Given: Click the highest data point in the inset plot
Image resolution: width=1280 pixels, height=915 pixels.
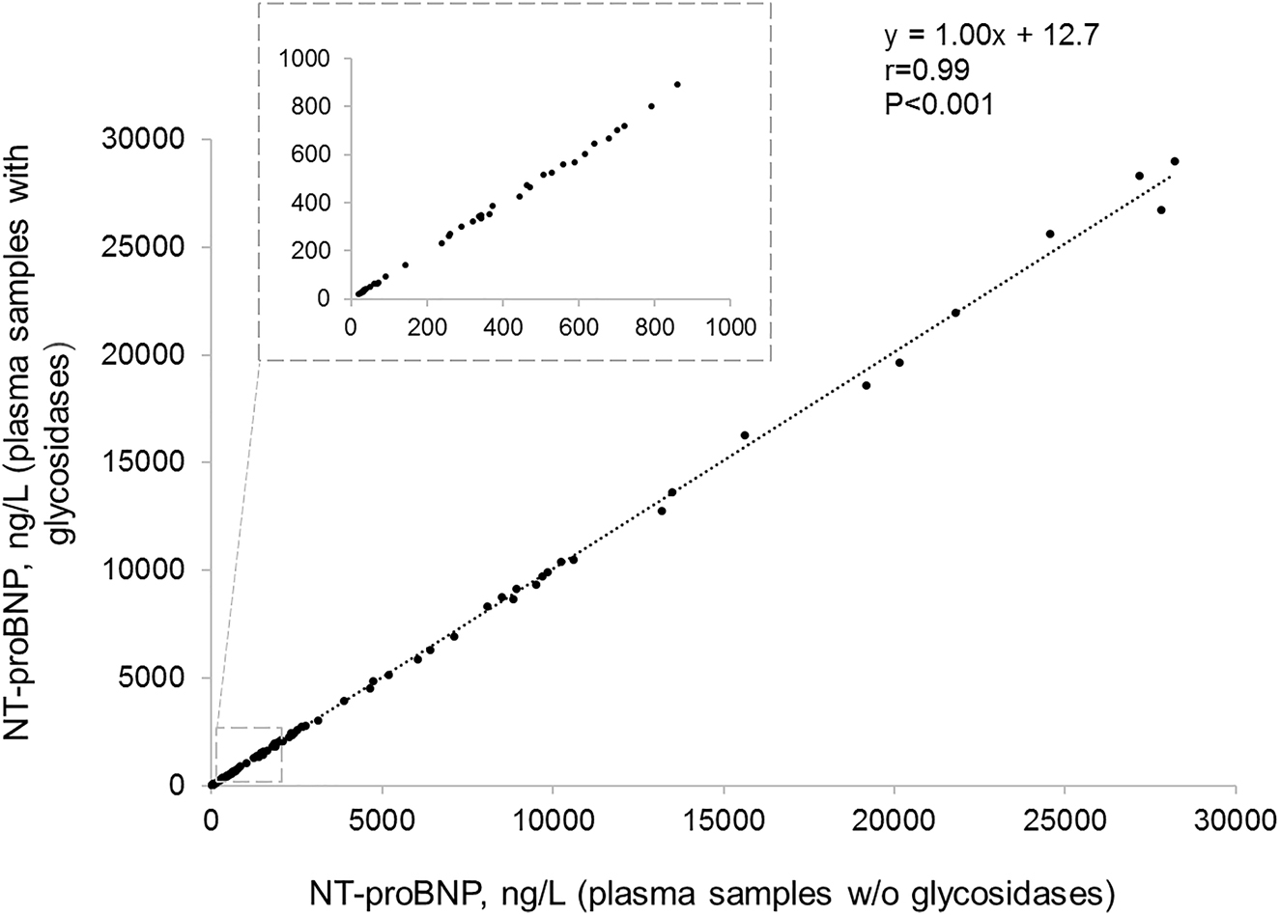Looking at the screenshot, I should point(677,84).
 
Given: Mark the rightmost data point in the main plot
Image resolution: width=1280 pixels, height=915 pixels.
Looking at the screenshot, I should point(1175,161).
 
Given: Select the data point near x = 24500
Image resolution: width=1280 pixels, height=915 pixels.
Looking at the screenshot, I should point(1050,234).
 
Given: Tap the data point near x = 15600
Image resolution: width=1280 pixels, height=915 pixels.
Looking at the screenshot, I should point(744,435).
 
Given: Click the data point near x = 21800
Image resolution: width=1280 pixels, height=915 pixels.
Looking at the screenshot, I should point(955,313).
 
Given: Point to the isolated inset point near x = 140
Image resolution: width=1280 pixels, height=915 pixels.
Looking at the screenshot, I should point(405,264).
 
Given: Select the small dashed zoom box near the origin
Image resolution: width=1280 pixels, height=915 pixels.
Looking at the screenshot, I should point(248,755).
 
